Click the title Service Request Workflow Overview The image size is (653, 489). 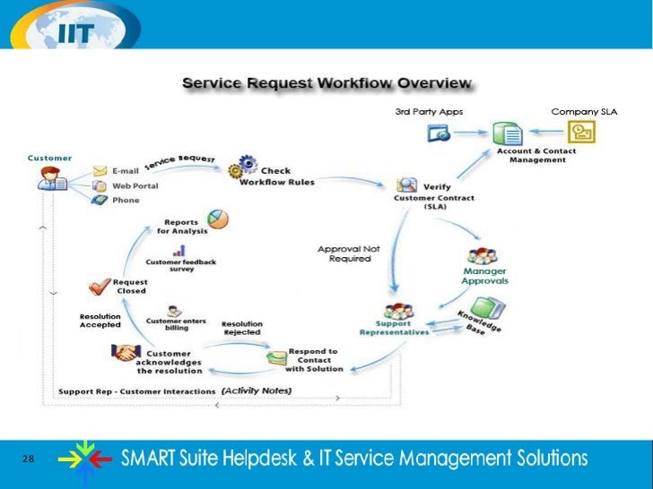point(326,83)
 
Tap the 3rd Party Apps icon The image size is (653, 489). point(439,133)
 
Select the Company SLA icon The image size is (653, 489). point(584,133)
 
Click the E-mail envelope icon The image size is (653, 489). point(100,170)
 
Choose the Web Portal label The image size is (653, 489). point(131,185)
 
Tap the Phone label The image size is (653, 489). point(126,200)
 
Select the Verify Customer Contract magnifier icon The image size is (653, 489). point(406,185)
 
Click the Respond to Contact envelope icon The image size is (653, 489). point(276,358)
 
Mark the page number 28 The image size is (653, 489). point(28,459)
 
